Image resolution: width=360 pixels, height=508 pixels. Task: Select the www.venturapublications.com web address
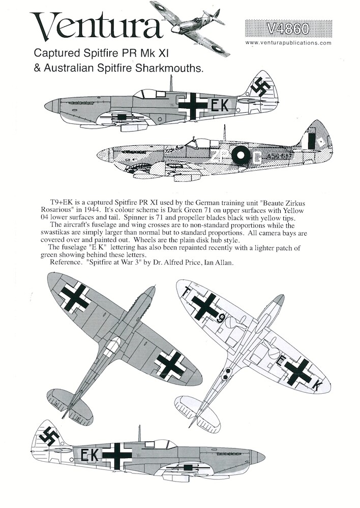pos(288,43)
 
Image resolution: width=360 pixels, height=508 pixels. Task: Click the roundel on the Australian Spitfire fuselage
pos(242,156)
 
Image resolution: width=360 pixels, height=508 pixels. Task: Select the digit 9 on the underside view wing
pos(221,319)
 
